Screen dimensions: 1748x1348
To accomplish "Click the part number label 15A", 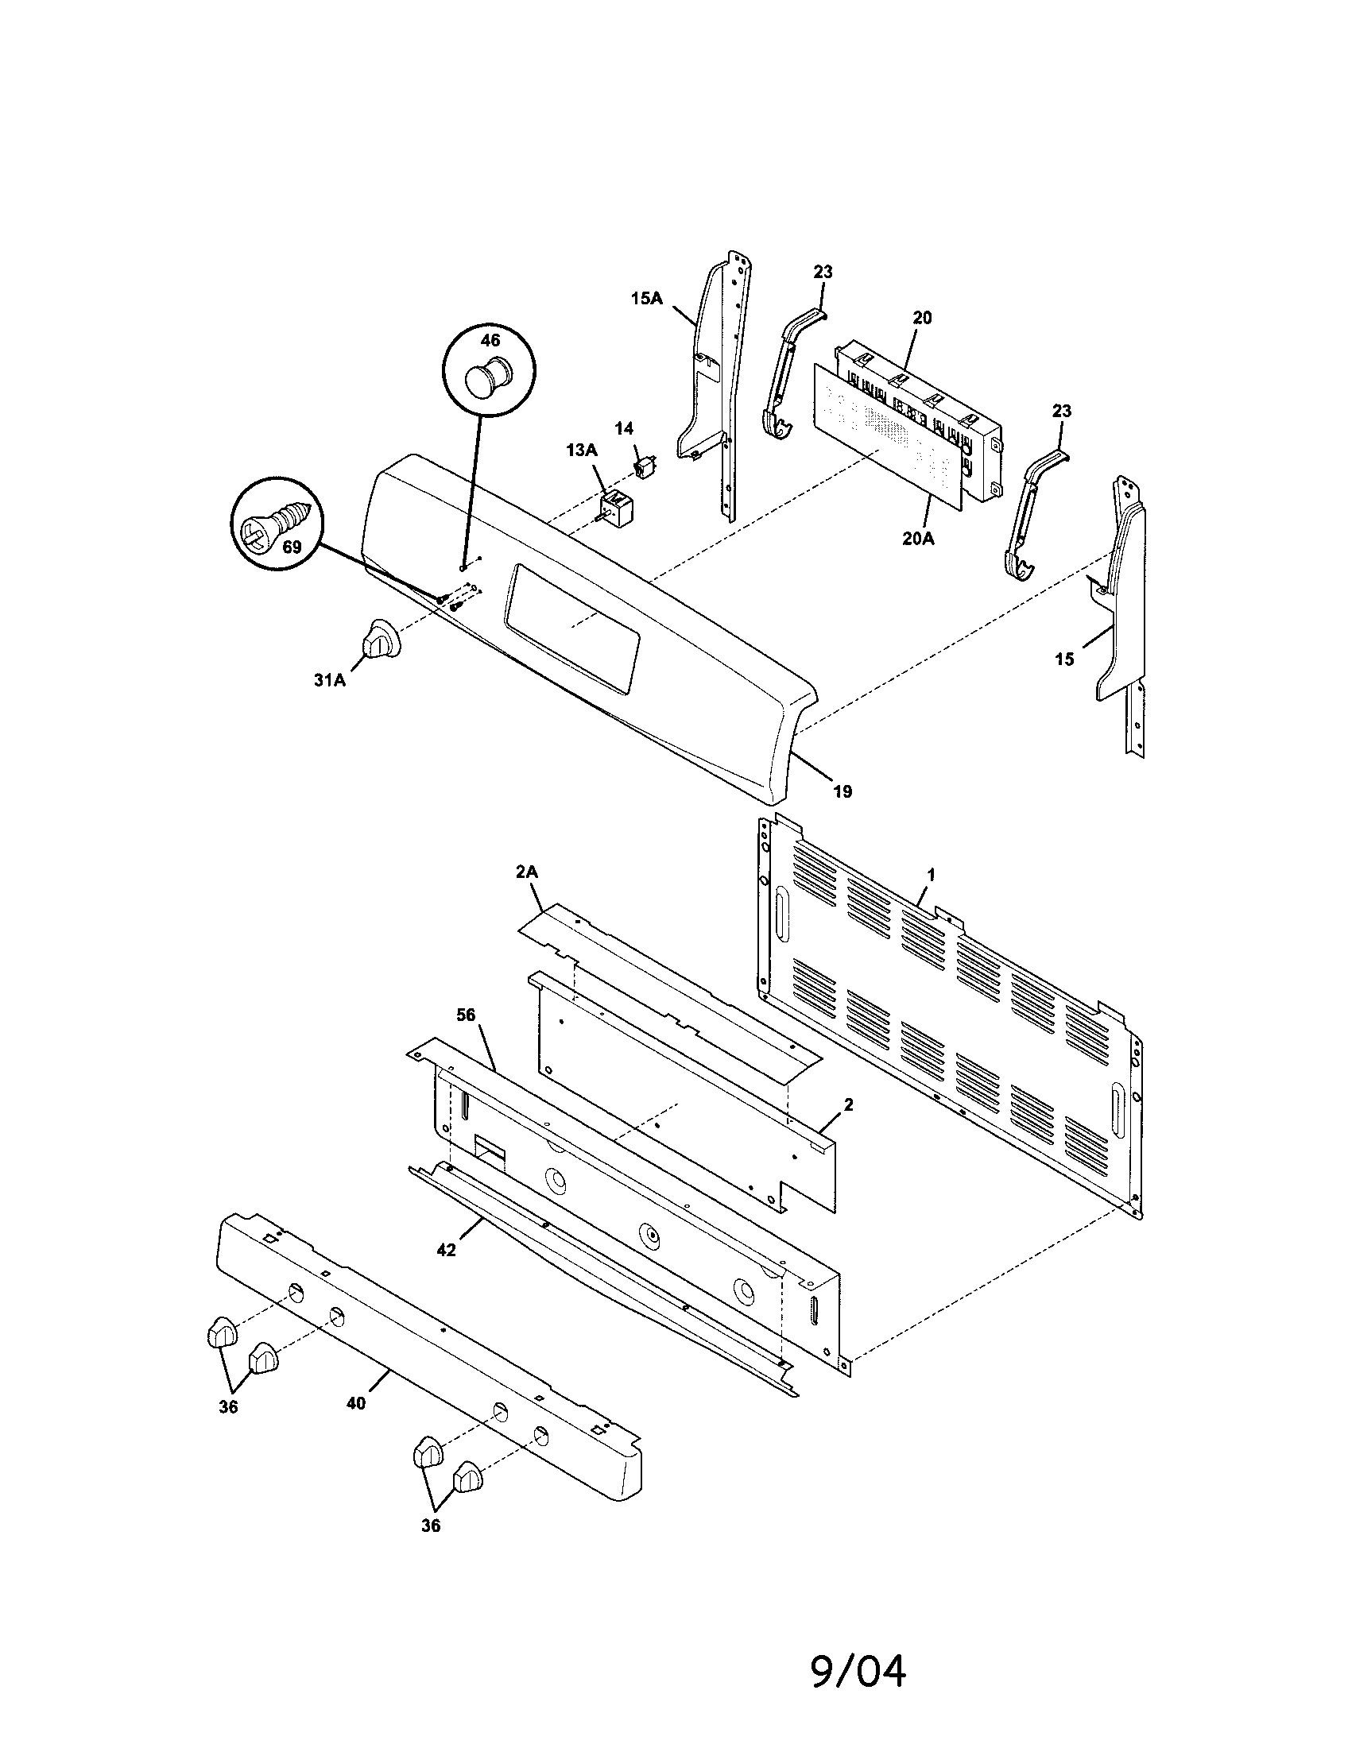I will click(x=647, y=299).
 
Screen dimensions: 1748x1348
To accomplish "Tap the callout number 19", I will click(x=841, y=791).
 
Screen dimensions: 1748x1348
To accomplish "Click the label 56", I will click(x=466, y=1015).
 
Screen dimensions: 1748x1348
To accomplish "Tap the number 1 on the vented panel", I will click(x=931, y=875).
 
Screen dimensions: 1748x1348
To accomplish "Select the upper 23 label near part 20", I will click(x=823, y=272).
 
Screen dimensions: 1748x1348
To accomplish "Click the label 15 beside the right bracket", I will click(x=1063, y=659).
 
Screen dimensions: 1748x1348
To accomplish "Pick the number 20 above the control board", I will click(x=922, y=318).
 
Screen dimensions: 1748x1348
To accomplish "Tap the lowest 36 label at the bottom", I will click(x=431, y=1526).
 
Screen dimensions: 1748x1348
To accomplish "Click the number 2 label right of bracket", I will click(x=849, y=1105).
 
